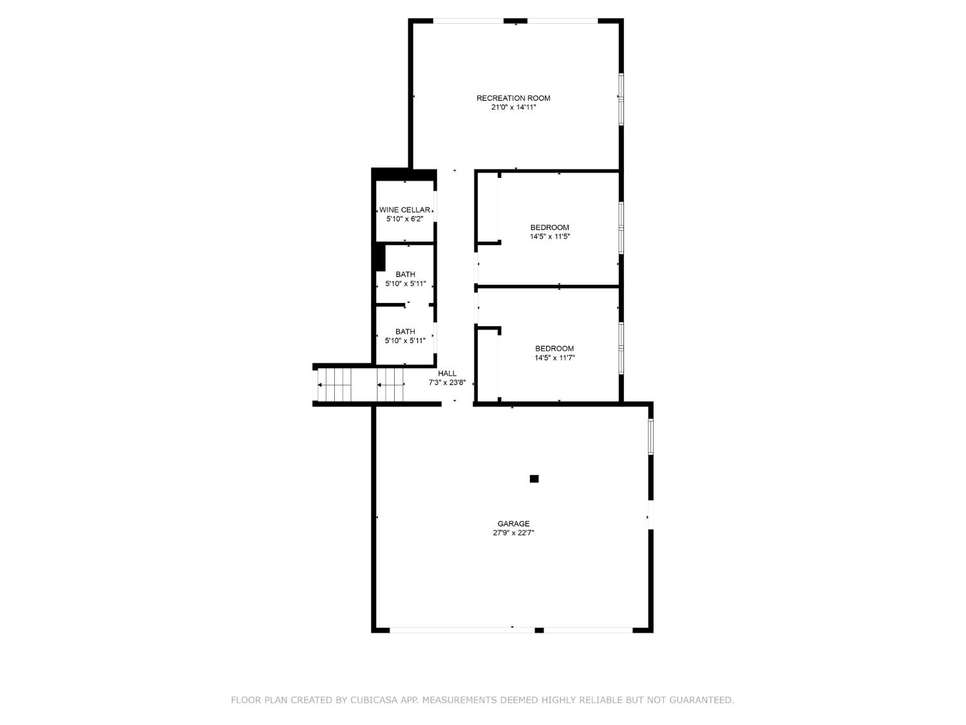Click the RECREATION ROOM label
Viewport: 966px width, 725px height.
click(513, 98)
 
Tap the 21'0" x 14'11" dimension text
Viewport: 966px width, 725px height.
click(513, 108)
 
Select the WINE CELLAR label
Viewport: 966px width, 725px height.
click(404, 210)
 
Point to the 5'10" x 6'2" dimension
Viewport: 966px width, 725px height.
click(404, 219)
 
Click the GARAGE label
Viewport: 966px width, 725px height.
click(513, 524)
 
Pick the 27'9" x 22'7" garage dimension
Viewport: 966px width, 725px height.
click(513, 533)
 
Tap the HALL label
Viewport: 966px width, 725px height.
click(447, 374)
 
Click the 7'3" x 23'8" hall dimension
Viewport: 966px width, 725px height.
click(447, 382)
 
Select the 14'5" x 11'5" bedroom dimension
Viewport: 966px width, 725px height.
click(549, 237)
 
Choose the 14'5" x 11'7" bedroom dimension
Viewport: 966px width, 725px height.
click(554, 358)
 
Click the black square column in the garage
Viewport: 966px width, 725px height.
click(534, 479)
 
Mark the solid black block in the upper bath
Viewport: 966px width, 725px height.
click(380, 258)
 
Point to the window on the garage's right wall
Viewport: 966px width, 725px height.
click(651, 437)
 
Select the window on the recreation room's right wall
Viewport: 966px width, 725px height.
click(621, 99)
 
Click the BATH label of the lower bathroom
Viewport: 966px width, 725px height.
click(405, 332)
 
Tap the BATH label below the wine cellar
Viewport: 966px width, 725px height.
click(405, 275)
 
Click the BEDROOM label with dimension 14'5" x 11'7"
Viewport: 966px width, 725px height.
click(554, 349)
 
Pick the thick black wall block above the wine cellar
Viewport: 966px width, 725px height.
click(404, 174)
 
